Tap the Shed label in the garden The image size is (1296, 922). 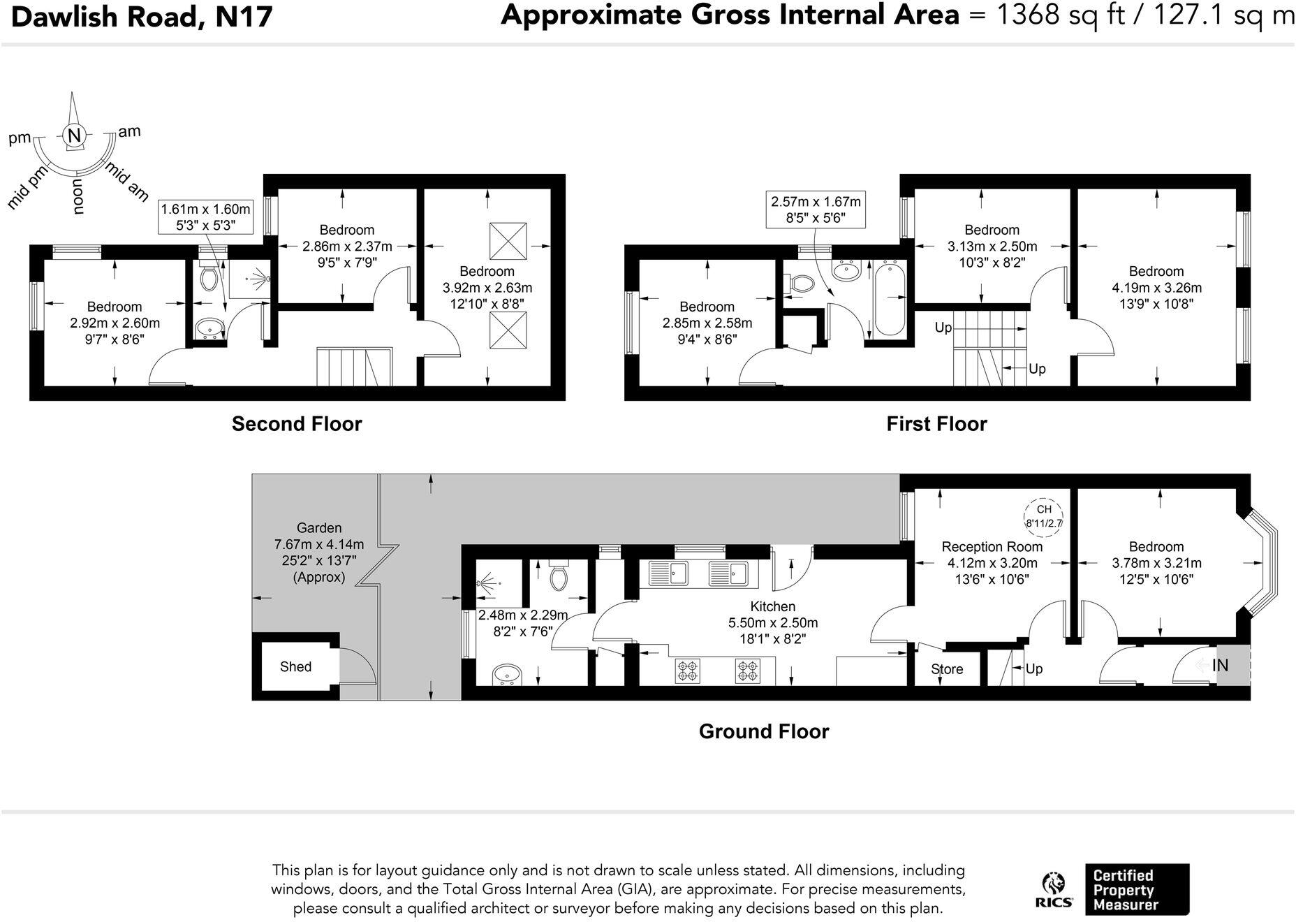point(295,666)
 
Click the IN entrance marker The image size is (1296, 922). point(1220,666)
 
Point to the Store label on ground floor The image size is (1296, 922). point(947,669)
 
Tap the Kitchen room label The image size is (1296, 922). point(772,606)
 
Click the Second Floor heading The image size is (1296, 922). point(297,424)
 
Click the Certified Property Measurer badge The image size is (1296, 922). point(1136,889)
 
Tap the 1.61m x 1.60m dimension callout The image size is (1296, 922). point(205,217)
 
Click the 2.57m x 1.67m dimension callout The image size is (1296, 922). point(816,210)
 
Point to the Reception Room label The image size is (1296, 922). point(992,547)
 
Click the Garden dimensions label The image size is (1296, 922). point(319,553)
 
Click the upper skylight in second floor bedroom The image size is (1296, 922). point(508,241)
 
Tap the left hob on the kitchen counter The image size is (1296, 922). point(687,671)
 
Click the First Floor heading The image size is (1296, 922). point(936,424)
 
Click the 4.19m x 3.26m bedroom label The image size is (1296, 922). point(1156,287)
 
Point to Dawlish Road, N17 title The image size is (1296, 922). point(142,16)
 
